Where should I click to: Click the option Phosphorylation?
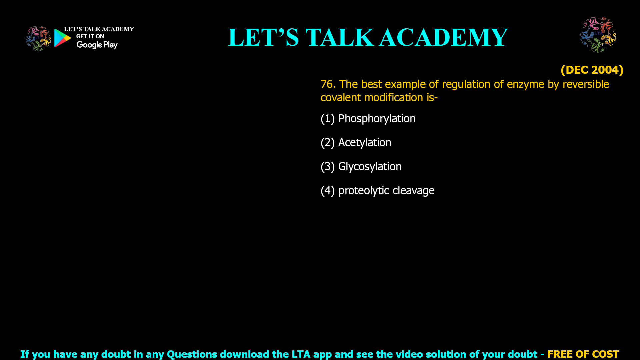(x=368, y=119)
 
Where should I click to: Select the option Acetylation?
(x=356, y=143)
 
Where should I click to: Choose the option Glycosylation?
(x=361, y=167)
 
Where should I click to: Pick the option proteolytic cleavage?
(x=377, y=191)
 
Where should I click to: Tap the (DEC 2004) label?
(x=592, y=70)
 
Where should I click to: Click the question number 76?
(x=328, y=84)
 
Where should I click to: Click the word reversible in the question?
(x=586, y=84)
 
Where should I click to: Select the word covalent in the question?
(x=341, y=98)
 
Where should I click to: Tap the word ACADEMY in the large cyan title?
(x=443, y=37)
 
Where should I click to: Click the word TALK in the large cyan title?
(x=340, y=37)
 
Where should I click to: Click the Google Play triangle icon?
(x=62, y=38)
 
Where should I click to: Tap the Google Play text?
(x=97, y=45)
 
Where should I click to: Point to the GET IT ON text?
(x=90, y=36)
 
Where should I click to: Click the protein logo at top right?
(x=598, y=35)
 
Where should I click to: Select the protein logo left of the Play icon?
(x=38, y=39)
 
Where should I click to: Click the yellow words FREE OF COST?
(x=583, y=354)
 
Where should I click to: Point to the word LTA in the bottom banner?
(x=301, y=354)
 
